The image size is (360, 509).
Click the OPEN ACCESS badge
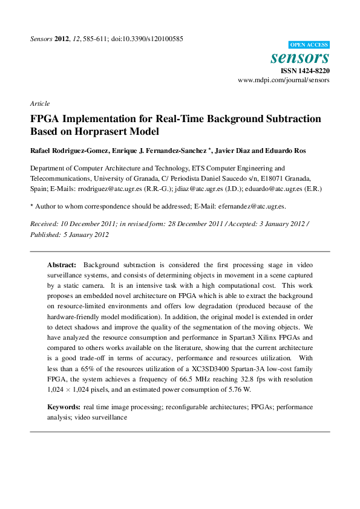pyautogui.click(x=309, y=45)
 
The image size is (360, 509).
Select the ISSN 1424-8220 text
pyautogui.click(x=305, y=71)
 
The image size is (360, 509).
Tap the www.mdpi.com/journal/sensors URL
pyautogui.click(x=284, y=80)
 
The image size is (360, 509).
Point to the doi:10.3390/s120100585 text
pyautogui.click(x=148, y=39)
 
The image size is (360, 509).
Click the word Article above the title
pyautogui.click(x=40, y=103)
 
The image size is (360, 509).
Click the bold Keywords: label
pyautogui.click(x=64, y=407)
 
